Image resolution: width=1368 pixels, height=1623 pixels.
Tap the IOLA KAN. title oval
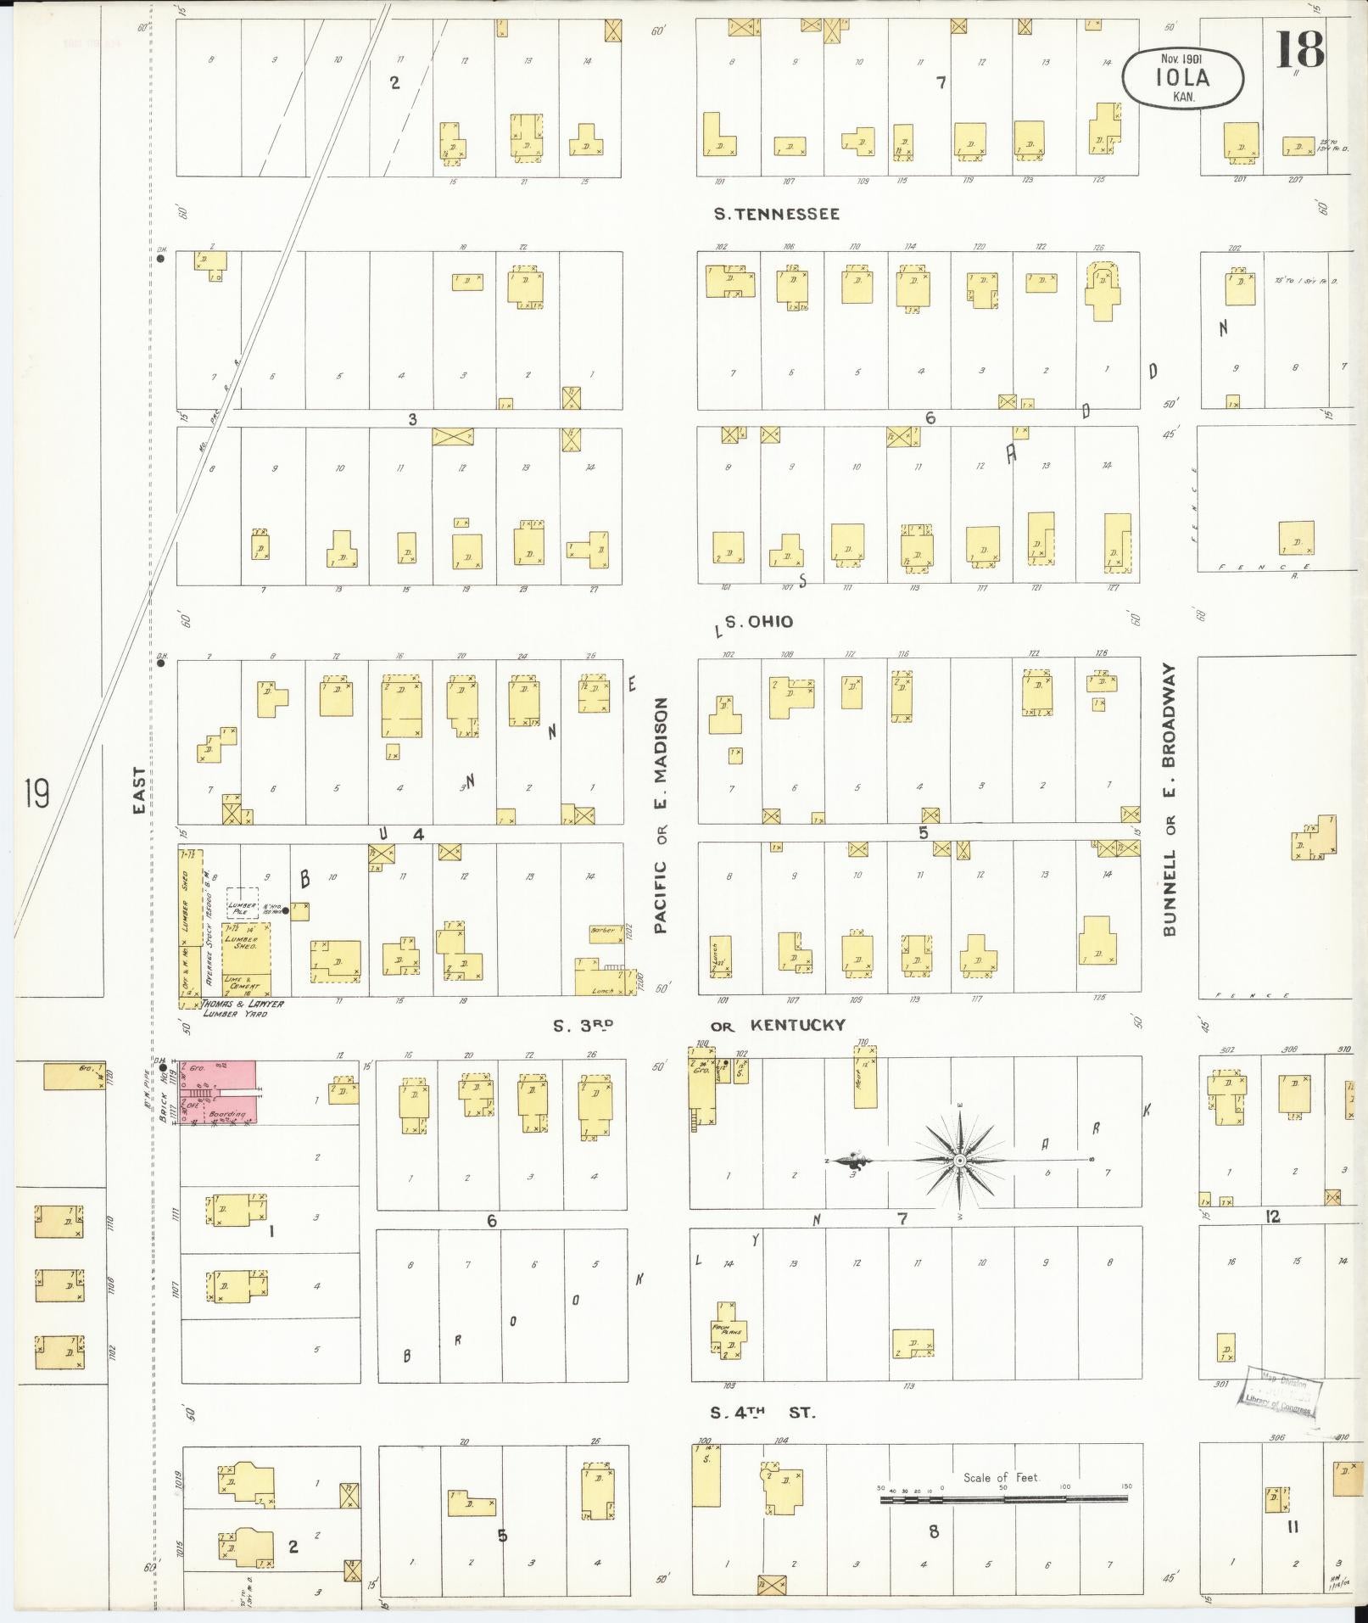click(x=1182, y=77)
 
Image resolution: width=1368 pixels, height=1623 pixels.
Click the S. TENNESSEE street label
click(x=776, y=215)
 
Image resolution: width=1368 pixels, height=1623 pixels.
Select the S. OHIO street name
click(x=758, y=622)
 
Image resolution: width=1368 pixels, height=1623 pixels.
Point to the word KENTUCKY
click(x=797, y=1025)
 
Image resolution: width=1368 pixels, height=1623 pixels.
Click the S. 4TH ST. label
click(x=762, y=1413)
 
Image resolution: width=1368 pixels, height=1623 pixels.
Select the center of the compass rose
click(x=959, y=1160)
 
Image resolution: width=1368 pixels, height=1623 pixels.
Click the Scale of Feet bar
click(x=1003, y=1498)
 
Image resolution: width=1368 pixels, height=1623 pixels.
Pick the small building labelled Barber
click(x=604, y=931)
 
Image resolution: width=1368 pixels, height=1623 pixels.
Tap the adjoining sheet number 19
click(x=36, y=794)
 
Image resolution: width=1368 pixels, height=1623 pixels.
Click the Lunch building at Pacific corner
click(x=605, y=984)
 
